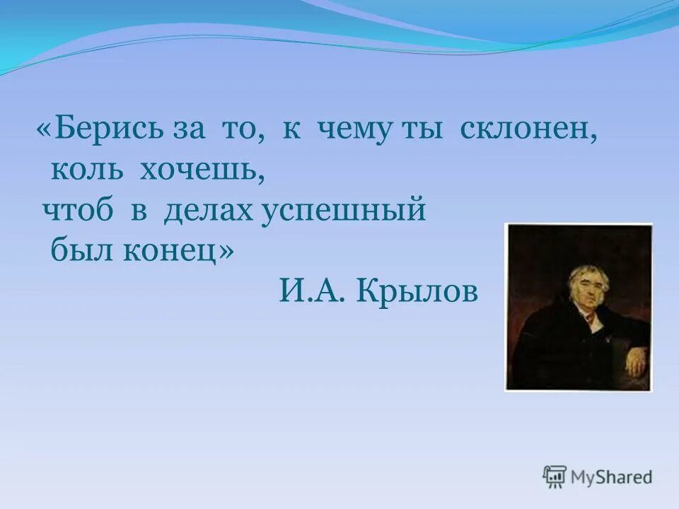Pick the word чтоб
point(78,211)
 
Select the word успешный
point(344,213)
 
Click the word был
point(76,251)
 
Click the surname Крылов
point(418,291)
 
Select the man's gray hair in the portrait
point(586,272)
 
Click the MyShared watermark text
point(612,477)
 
